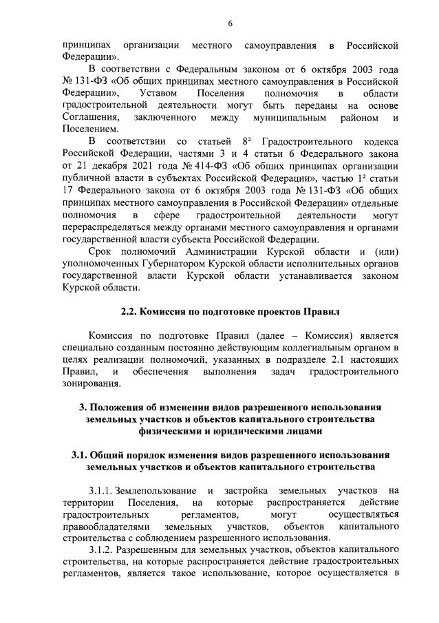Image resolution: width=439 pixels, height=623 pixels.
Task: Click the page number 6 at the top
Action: coord(230,23)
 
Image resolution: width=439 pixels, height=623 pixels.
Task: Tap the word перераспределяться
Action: coord(109,227)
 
